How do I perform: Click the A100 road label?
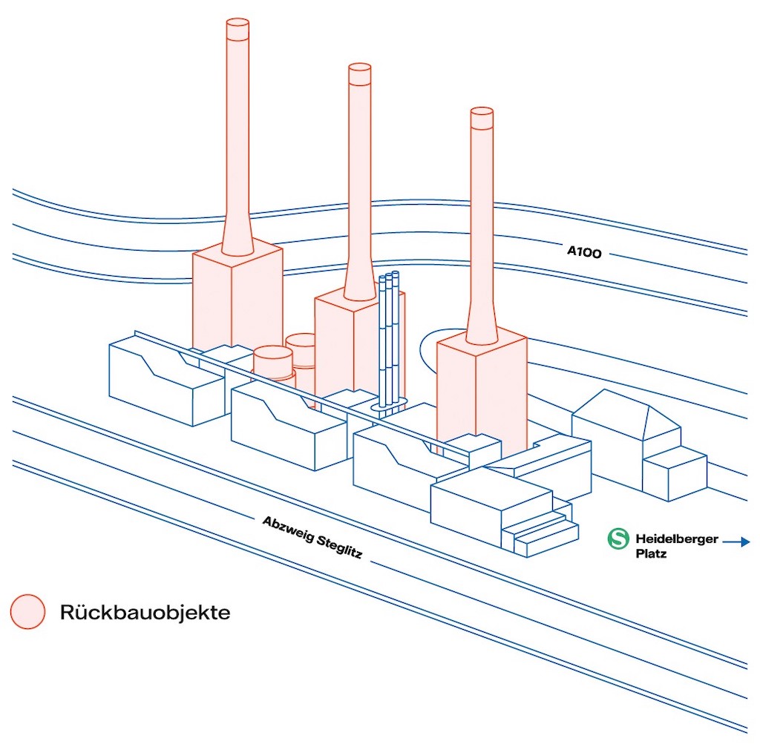[583, 252]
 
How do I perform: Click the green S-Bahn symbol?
[617, 539]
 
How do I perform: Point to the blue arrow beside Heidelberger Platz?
[736, 542]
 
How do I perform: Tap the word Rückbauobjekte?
[145, 613]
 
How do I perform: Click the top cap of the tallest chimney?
[237, 29]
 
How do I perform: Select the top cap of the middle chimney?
[359, 73]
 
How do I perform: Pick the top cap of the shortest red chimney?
[482, 117]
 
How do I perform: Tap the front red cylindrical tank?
[272, 363]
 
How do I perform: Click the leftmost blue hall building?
[163, 382]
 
